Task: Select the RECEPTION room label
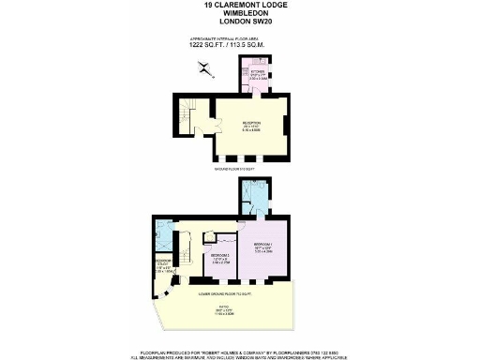pyautogui.click(x=247, y=126)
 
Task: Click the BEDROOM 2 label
pyautogui.click(x=220, y=256)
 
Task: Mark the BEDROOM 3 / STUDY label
pyautogui.click(x=162, y=265)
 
